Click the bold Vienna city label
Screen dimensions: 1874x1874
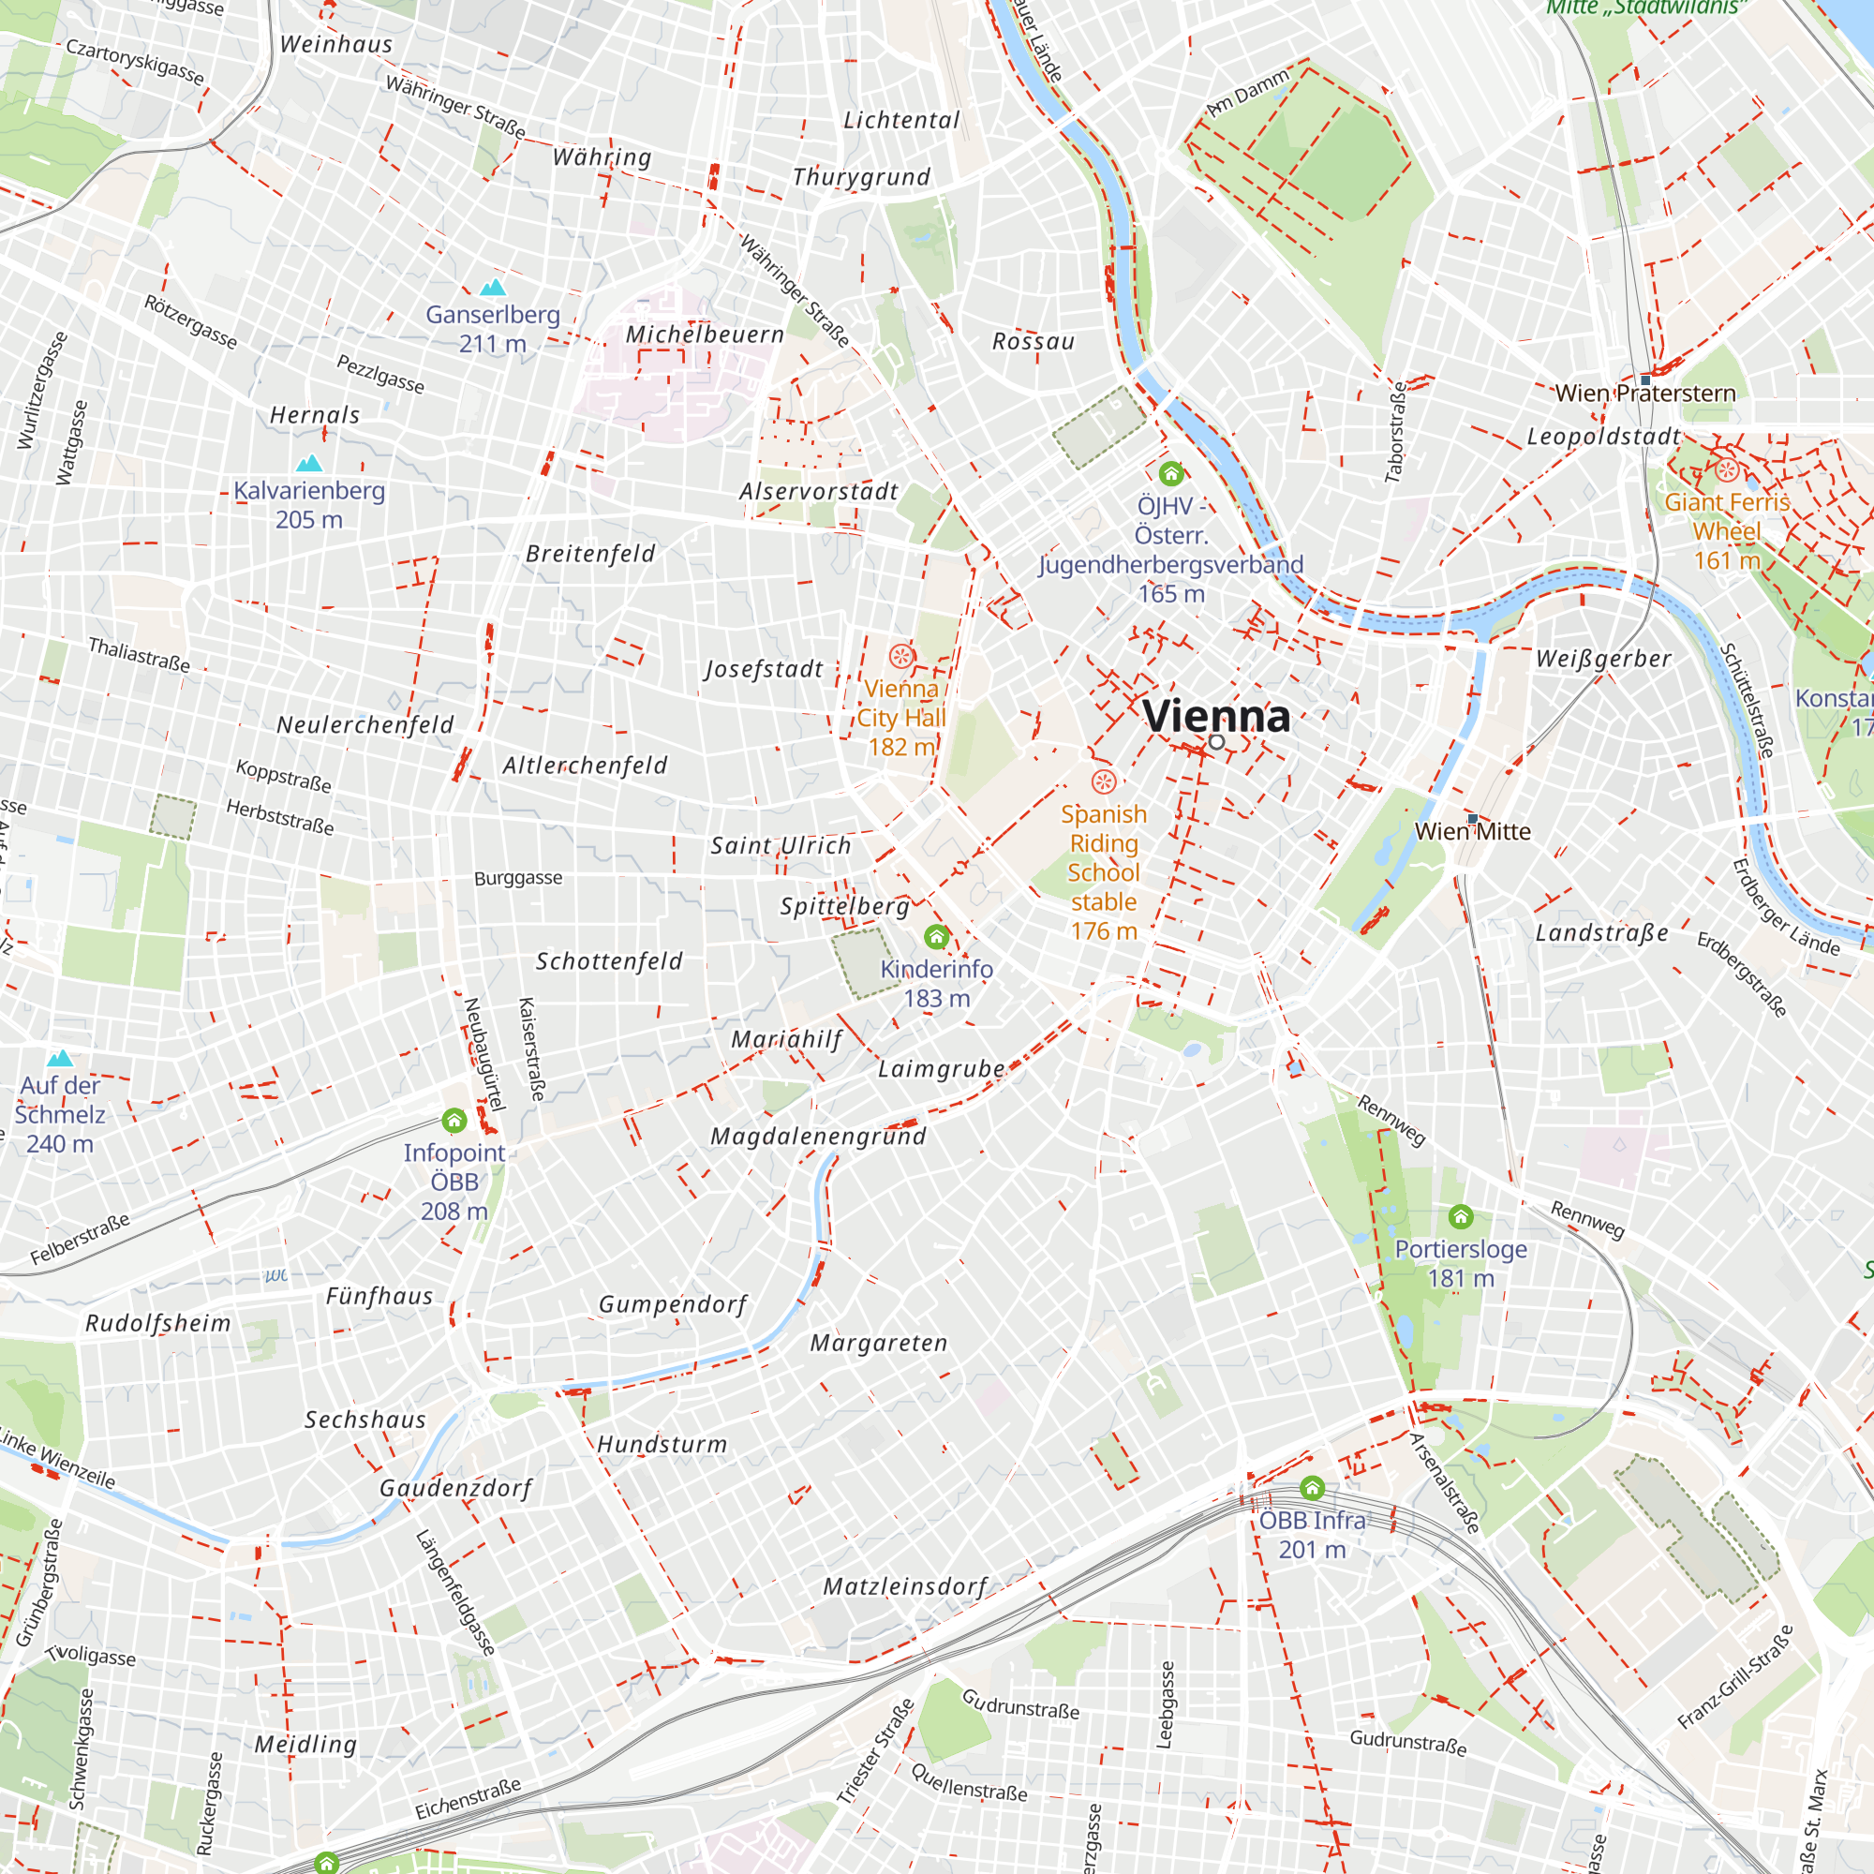[1215, 716]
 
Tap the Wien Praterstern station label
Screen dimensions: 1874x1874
[1645, 394]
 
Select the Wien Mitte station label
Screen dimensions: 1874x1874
[1472, 831]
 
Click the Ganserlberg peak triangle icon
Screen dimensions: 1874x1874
[494, 287]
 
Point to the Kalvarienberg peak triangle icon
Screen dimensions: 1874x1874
[309, 463]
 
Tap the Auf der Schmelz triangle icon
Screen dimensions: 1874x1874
[60, 1058]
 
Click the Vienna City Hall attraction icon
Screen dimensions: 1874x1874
[901, 657]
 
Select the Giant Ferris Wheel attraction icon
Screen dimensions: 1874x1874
[1727, 471]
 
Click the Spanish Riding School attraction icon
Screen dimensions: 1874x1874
[1104, 781]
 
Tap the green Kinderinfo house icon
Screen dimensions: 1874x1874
[936, 937]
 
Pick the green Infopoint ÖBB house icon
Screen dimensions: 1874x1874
[454, 1122]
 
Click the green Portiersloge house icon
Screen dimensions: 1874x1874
[1461, 1216]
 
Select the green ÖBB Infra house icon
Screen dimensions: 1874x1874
[1313, 1488]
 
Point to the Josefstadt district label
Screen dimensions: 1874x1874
[765, 670]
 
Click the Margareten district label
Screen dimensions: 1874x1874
[879, 1344]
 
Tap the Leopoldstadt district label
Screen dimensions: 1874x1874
[1603, 438]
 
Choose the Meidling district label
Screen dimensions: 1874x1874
[305, 1745]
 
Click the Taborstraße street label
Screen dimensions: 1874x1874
[1396, 433]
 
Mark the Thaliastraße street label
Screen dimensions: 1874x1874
[139, 655]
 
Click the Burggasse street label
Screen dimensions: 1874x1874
[518, 879]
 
